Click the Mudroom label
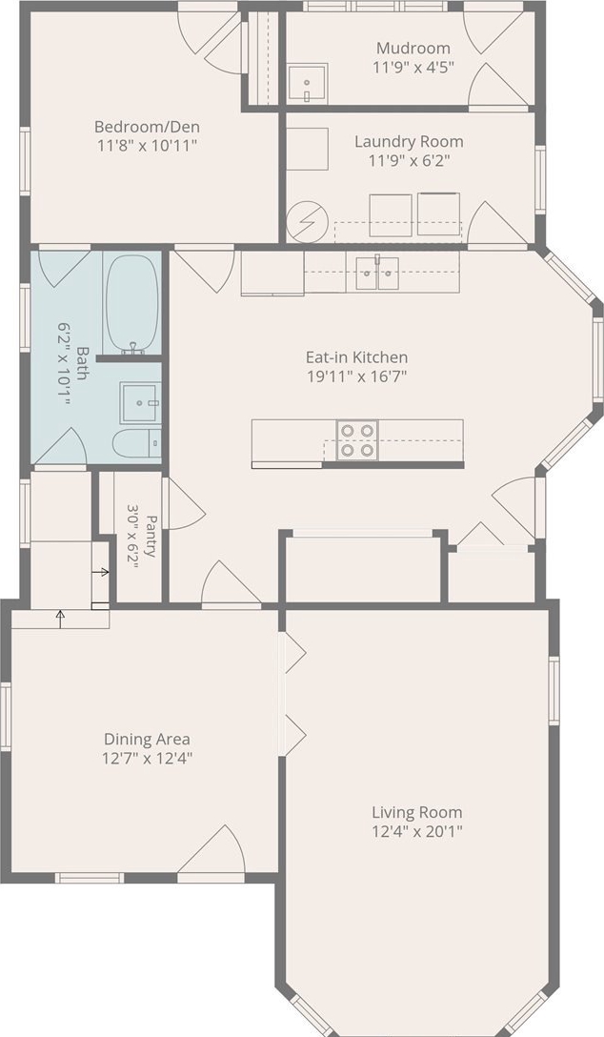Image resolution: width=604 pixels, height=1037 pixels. point(413,49)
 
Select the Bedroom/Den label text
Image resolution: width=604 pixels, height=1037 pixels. point(147,127)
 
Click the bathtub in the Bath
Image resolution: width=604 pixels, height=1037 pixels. point(132,303)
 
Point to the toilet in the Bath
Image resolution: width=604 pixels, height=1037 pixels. point(137,443)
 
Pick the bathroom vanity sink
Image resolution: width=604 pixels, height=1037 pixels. point(140,403)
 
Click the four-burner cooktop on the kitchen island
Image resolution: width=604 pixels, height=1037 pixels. point(357,440)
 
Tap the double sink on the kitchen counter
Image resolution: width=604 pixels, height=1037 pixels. point(377,274)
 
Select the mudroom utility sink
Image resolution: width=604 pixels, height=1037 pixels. point(308,84)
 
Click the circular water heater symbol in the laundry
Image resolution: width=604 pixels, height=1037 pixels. point(308,221)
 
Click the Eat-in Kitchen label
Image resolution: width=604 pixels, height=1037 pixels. point(356,357)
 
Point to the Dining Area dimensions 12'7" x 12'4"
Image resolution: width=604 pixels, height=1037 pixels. point(147,758)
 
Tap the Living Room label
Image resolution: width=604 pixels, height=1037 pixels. point(417,812)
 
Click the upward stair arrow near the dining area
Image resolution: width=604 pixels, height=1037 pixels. point(60,619)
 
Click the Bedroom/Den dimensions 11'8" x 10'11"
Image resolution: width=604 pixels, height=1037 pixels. point(147,146)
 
